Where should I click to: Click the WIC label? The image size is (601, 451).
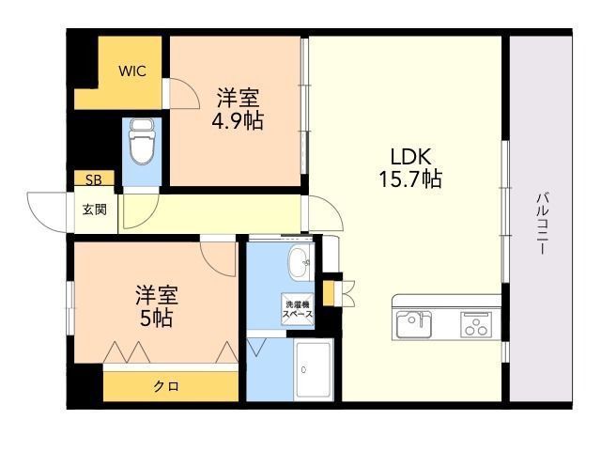pyautogui.click(x=132, y=71)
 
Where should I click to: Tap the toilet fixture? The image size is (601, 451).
pyautogui.click(x=142, y=141)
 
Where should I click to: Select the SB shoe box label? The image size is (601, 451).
pyautogui.click(x=94, y=179)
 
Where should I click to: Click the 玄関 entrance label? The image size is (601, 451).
pyautogui.click(x=95, y=210)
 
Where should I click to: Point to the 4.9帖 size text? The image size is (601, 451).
pyautogui.click(x=238, y=120)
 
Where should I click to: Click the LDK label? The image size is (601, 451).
pyautogui.click(x=411, y=157)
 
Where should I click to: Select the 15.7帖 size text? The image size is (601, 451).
pyautogui.click(x=410, y=179)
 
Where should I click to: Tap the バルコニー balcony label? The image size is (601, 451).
pyautogui.click(x=543, y=225)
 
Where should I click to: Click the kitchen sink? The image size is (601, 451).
pyautogui.click(x=413, y=324)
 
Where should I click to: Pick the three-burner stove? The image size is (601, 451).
pyautogui.click(x=476, y=324)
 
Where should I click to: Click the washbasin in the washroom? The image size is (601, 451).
pyautogui.click(x=301, y=263)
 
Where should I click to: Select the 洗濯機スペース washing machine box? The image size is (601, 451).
pyautogui.click(x=298, y=309)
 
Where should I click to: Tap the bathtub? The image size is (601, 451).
pyautogui.click(x=314, y=369)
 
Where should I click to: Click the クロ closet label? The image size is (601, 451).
pyautogui.click(x=166, y=386)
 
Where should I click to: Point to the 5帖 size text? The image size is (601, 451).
pyautogui.click(x=157, y=318)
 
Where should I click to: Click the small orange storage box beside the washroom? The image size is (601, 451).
pyautogui.click(x=329, y=294)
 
